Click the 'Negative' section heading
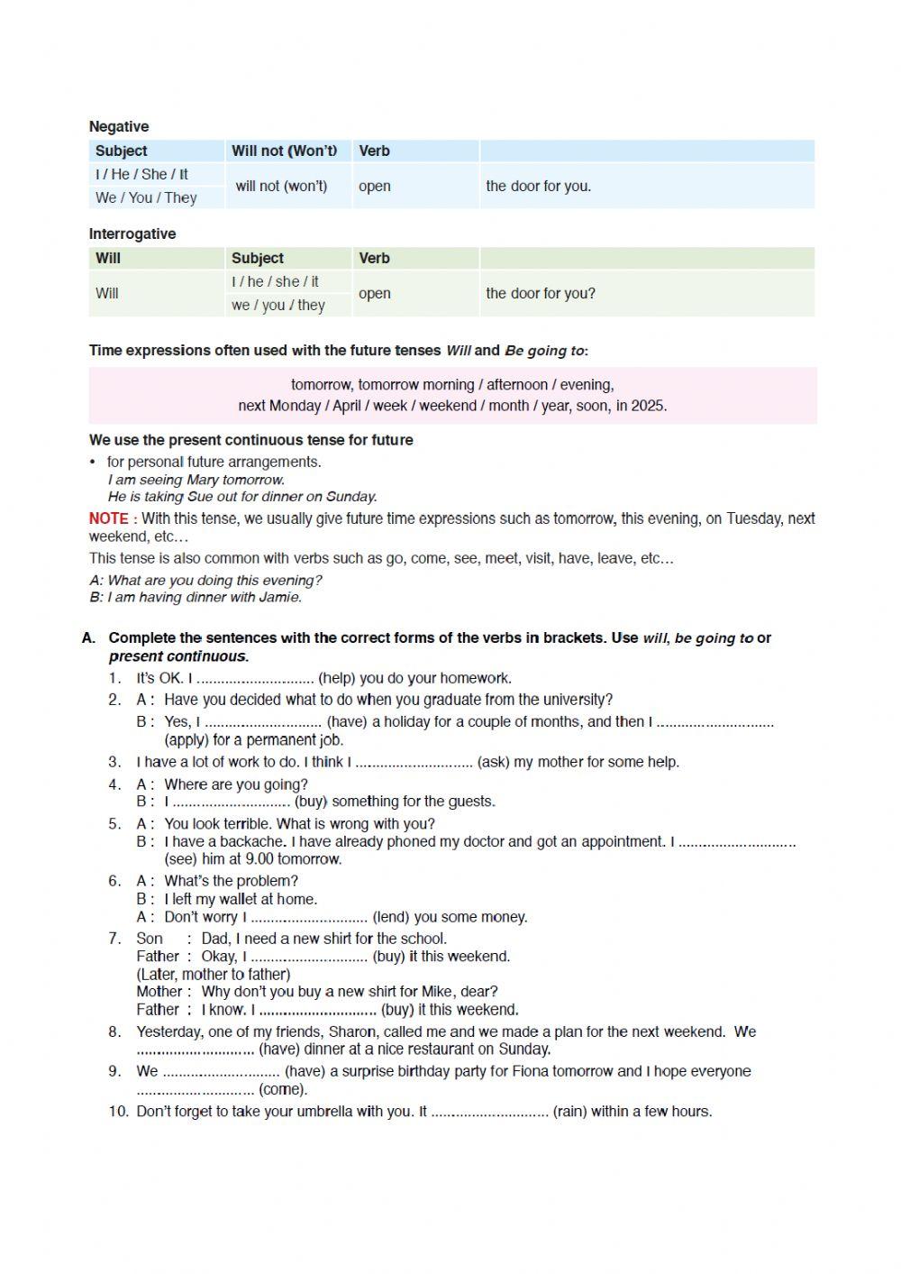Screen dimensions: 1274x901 pos(119,127)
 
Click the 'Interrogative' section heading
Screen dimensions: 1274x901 pos(132,234)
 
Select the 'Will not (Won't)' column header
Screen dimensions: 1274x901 pos(285,151)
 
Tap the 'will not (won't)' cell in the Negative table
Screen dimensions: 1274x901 pos(281,187)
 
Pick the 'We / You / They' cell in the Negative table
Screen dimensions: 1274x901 pos(146,198)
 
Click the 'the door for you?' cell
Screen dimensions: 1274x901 pos(541,294)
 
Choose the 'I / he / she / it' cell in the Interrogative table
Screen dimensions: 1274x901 pos(275,282)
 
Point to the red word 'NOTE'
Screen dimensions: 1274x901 pos(108,519)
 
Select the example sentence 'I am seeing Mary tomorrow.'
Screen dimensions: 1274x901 pos(196,481)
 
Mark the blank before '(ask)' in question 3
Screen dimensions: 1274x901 pos(414,763)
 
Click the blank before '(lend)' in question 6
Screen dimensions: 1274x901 pos(309,918)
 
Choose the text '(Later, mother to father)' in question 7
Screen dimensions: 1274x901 pos(214,975)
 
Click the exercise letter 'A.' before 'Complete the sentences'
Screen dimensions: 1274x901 pos(88,638)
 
